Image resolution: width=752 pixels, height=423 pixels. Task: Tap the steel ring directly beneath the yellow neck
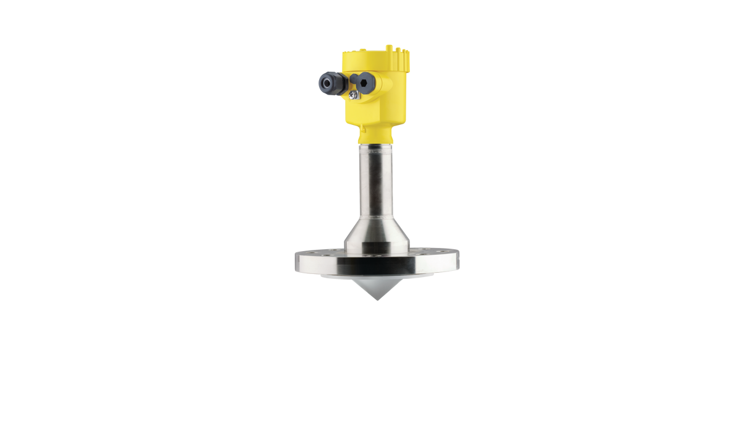(375, 148)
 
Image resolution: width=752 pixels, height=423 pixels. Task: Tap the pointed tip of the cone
(375, 301)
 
